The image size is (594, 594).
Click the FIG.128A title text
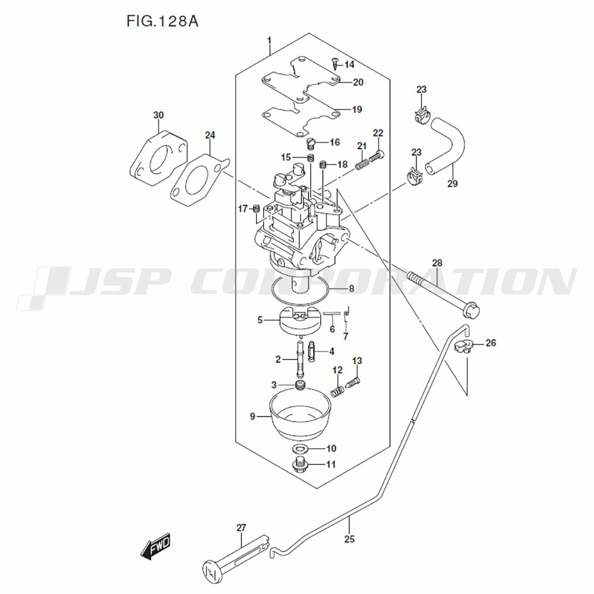[x=162, y=21]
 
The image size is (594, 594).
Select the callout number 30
[x=159, y=115]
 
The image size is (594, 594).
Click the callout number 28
[x=437, y=263]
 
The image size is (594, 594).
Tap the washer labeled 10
[x=301, y=449]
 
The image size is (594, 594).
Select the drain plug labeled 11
[x=301, y=465]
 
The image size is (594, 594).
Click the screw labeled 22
[x=377, y=156]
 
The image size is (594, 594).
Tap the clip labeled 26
[x=463, y=346]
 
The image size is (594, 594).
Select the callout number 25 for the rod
[x=349, y=539]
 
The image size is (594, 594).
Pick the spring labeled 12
[x=337, y=391]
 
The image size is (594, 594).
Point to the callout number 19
[x=357, y=109]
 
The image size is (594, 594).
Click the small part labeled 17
[x=256, y=208]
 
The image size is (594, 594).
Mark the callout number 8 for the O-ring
[x=352, y=289]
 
